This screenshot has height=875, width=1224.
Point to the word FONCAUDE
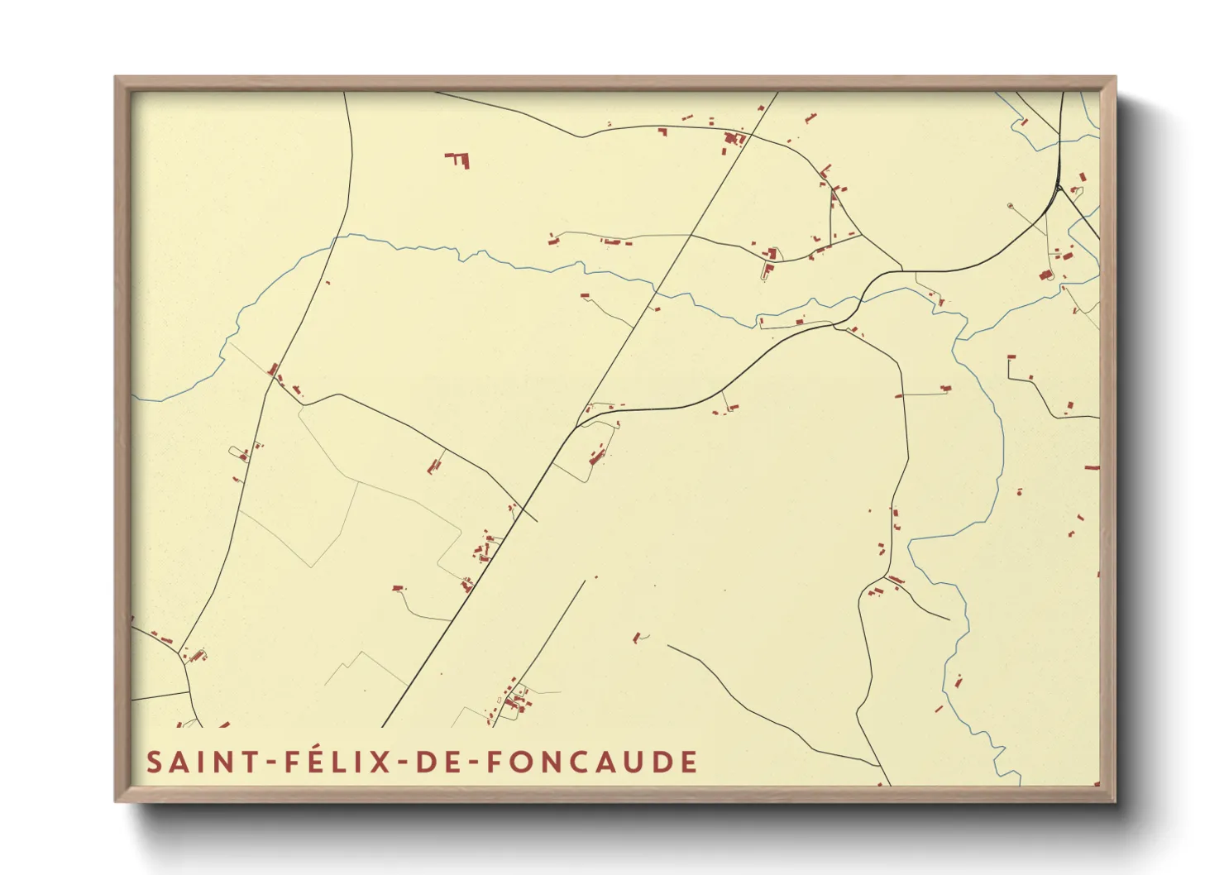tap(591, 762)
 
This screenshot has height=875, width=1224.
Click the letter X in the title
tap(380, 762)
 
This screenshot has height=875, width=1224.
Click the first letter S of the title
tap(154, 762)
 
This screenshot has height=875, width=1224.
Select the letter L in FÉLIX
tap(342, 762)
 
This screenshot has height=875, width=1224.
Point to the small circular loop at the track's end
tap(1010, 205)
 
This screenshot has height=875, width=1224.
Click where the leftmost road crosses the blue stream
tap(333, 239)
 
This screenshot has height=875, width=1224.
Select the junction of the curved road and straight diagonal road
tap(576, 427)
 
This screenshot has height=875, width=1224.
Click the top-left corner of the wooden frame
tap(116, 78)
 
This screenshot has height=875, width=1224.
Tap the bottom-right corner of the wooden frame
tap(1115, 801)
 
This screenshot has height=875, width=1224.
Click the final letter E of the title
tap(689, 762)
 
